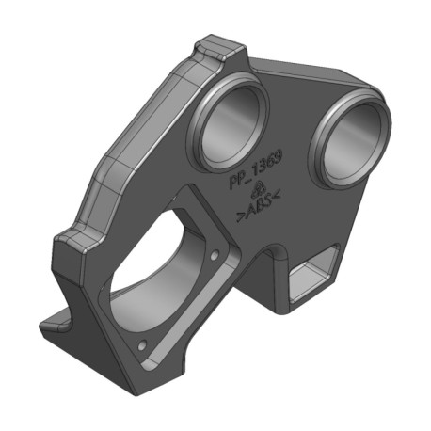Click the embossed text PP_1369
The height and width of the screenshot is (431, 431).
(256, 168)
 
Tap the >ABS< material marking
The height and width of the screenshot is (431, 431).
(258, 206)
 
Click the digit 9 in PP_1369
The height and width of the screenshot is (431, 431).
(278, 156)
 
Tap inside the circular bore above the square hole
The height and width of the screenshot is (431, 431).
(352, 144)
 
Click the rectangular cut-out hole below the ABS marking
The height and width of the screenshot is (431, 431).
(313, 276)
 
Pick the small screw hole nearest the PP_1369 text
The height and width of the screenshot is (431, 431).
(215, 256)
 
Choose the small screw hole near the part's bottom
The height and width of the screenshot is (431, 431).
(142, 345)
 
